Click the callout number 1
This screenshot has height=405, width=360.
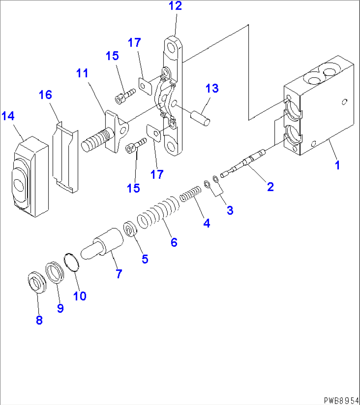coord(337,165)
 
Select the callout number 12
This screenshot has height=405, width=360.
coord(175,6)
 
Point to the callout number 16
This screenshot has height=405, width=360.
coord(45,95)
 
